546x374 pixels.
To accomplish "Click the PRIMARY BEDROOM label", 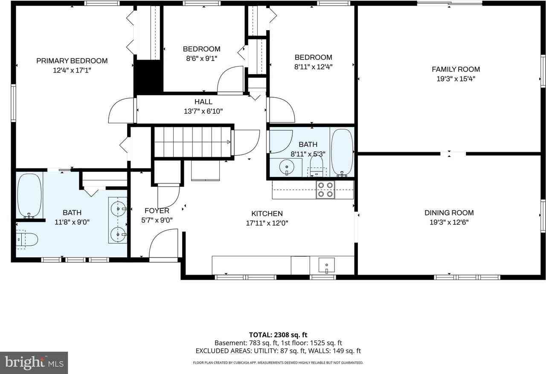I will point(72,61).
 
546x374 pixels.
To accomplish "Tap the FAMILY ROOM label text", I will point(456,69).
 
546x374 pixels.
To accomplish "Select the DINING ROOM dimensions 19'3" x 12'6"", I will point(449,222).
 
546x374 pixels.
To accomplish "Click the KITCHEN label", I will point(267,214).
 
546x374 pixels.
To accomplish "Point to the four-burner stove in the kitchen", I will point(325,190).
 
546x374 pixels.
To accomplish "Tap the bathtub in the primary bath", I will point(29,195).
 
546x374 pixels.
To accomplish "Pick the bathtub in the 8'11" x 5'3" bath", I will point(342,152).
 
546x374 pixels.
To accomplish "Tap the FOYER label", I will point(157,211).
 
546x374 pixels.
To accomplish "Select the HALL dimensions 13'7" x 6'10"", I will point(203,111).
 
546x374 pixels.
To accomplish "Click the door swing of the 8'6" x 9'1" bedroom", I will point(230,79).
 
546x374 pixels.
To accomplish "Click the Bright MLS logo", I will point(34,363).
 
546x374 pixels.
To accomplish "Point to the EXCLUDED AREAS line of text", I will point(278,351).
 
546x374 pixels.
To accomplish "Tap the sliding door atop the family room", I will point(449,4).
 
